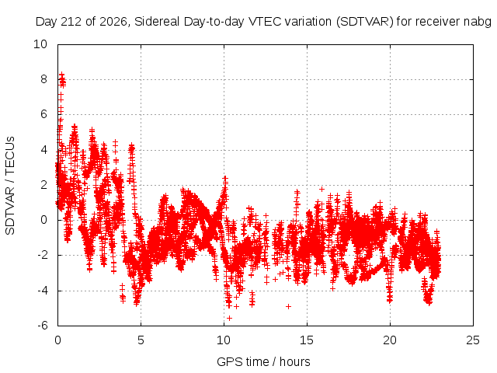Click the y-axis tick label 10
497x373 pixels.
pos(40,44)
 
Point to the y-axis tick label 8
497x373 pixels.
pos(43,79)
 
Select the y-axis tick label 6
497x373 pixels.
pos(43,114)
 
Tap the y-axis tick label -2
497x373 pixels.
pos(43,255)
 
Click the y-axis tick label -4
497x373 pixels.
pos(43,291)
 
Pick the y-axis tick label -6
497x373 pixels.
pos(43,326)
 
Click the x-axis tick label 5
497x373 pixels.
pos(141,340)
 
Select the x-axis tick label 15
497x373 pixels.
pos(307,340)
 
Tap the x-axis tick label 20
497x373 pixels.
pos(390,340)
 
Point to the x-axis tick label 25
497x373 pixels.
pos(473,340)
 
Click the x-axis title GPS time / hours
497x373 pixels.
pos(263,362)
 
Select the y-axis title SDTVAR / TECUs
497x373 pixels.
pos(10,186)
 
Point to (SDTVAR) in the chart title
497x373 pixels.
pos(364,22)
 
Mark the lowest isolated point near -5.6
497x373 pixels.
pos(230,318)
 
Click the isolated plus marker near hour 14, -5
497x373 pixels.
pos(288,306)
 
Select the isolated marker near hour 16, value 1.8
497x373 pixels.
pos(321,190)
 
